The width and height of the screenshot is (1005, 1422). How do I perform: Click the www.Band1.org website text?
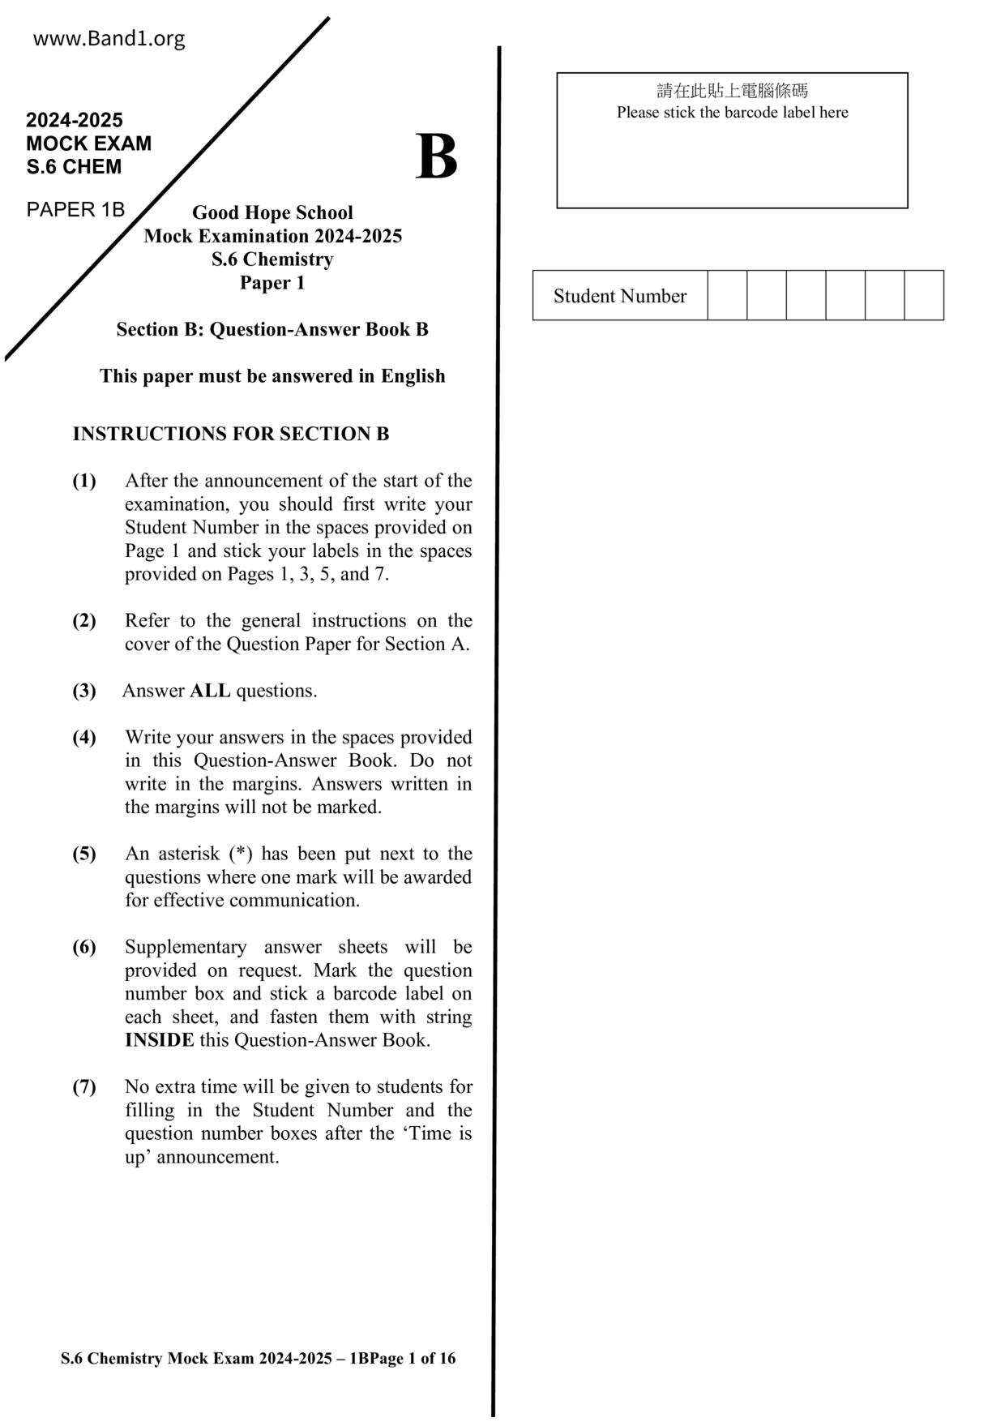pyautogui.click(x=109, y=39)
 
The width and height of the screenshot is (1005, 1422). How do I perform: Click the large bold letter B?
pyautogui.click(x=436, y=157)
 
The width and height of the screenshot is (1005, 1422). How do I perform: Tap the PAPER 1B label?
pyautogui.click(x=75, y=210)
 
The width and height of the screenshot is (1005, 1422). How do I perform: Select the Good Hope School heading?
pyautogui.click(x=272, y=212)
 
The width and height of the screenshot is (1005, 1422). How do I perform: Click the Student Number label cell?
pyautogui.click(x=619, y=296)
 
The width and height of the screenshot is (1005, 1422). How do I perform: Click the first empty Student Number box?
pyautogui.click(x=727, y=296)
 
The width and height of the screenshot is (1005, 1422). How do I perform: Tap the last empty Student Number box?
pyautogui.click(x=924, y=296)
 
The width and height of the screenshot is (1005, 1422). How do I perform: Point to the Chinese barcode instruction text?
pyautogui.click(x=732, y=91)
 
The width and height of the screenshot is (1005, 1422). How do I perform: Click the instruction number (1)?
pyautogui.click(x=84, y=481)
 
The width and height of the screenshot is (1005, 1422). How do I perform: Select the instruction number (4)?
pyautogui.click(x=84, y=738)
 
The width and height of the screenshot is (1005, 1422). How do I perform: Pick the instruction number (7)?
pyautogui.click(x=84, y=1087)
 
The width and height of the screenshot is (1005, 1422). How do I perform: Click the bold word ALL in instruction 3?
pyautogui.click(x=210, y=691)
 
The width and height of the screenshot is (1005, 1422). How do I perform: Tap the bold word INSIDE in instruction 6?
pyautogui.click(x=159, y=1040)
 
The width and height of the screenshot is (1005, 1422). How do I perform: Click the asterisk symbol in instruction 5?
pyautogui.click(x=240, y=853)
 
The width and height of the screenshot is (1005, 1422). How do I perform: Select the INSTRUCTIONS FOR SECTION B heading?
pyautogui.click(x=231, y=434)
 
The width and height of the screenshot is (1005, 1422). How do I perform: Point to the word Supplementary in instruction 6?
pyautogui.click(x=186, y=947)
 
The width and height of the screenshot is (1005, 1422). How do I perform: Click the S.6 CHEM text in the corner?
pyautogui.click(x=74, y=167)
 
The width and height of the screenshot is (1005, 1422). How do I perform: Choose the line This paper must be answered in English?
pyautogui.click(x=272, y=376)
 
